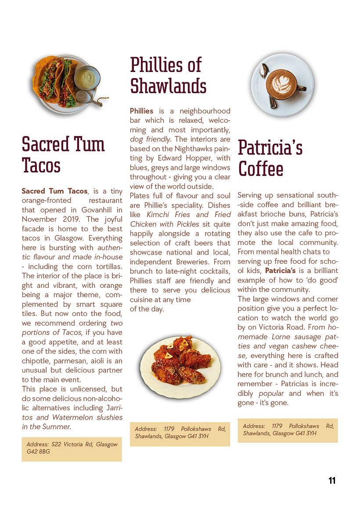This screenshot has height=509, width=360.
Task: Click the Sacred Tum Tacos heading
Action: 63,155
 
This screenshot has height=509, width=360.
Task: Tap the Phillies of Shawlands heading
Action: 168,75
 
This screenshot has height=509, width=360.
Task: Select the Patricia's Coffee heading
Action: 270,158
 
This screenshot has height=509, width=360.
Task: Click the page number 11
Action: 332,480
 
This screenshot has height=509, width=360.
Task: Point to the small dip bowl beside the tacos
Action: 87,78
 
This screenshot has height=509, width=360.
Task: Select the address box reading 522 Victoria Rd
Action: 72,448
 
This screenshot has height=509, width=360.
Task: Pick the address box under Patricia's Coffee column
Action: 288,430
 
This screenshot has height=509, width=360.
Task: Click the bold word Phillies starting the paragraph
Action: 141,111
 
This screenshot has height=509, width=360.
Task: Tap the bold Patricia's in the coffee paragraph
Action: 280,271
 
